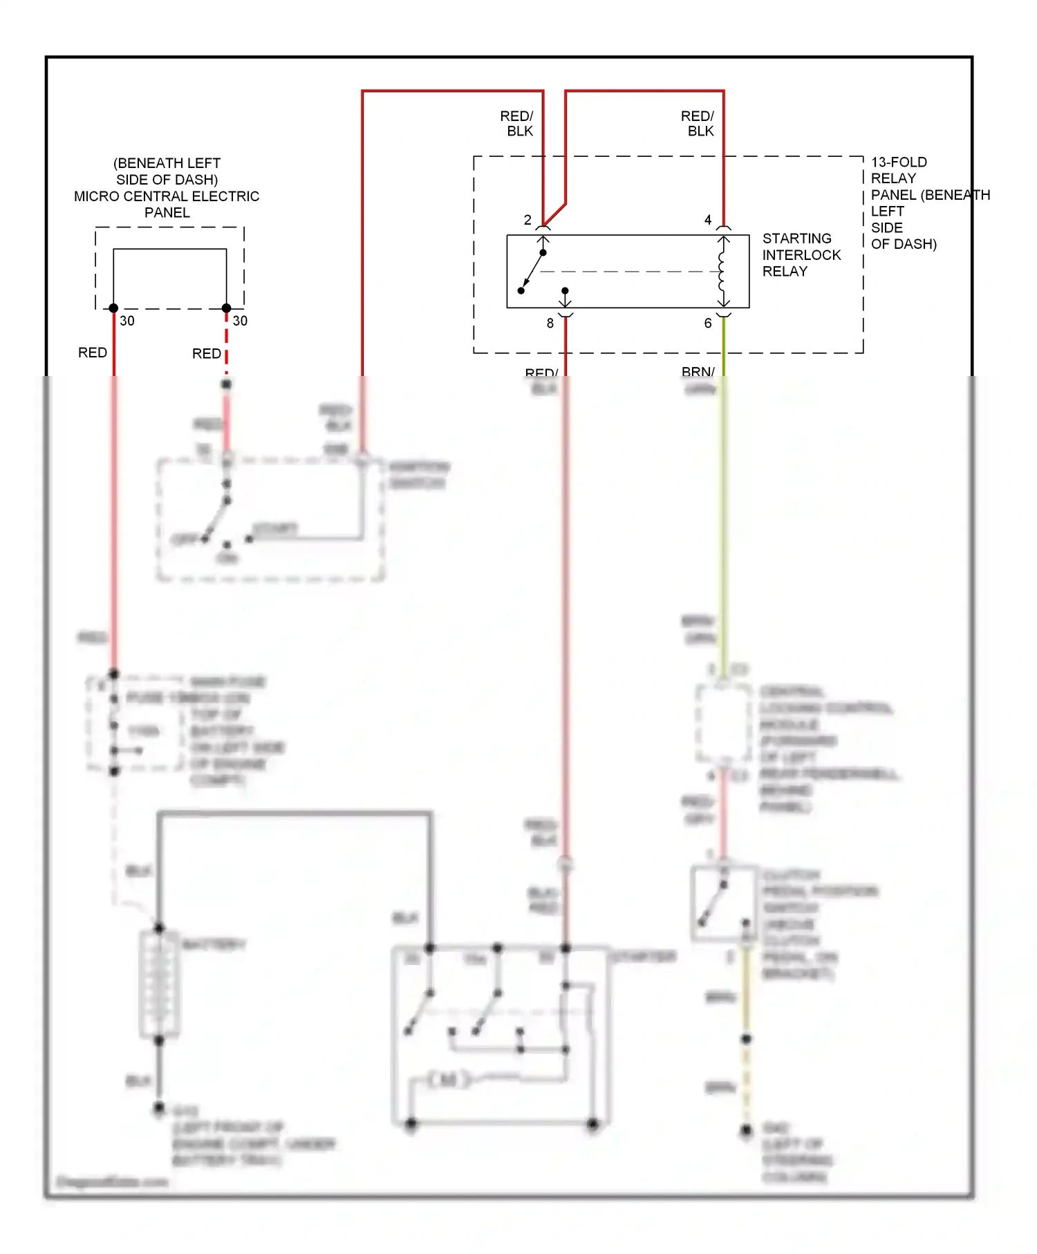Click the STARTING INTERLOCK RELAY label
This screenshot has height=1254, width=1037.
tap(801, 254)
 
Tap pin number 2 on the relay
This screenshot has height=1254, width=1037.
tap(527, 220)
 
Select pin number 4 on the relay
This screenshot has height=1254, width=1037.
tap(707, 220)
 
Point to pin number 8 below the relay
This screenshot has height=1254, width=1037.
tap(550, 323)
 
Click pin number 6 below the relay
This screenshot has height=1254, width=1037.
tap(707, 323)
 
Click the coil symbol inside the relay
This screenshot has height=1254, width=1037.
tap(722, 272)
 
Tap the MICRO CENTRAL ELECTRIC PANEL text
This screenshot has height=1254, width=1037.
tap(167, 196)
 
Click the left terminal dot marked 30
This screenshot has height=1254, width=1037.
tap(113, 308)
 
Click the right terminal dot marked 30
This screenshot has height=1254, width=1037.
tap(226, 308)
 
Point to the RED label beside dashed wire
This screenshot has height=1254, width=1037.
tap(206, 353)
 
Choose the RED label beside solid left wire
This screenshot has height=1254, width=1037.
tap(92, 353)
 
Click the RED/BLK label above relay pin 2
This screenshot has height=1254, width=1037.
tap(517, 123)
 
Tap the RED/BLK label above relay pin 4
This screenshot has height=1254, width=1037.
tap(698, 123)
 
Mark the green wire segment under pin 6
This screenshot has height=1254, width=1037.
tap(724, 346)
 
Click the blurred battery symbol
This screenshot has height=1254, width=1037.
tap(159, 983)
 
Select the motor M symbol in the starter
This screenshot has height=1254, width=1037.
tap(447, 1079)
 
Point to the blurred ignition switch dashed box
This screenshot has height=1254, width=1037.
tap(270, 518)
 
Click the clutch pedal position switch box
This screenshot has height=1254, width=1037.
tap(723, 902)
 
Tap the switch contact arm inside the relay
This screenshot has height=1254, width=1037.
tap(534, 269)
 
